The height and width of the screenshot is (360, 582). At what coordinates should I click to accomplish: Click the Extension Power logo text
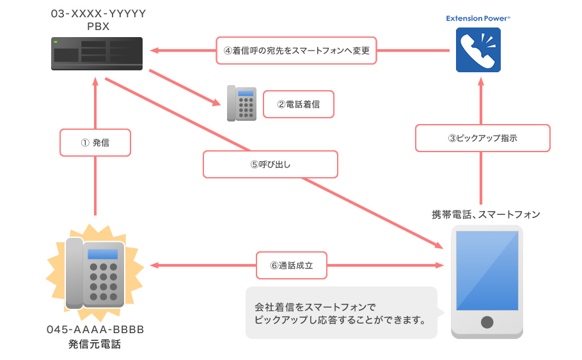478,19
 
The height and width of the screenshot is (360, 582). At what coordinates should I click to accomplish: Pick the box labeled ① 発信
95,143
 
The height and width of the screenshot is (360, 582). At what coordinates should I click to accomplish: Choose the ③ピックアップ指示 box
482,137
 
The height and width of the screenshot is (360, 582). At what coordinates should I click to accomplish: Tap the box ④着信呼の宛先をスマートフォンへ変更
297,51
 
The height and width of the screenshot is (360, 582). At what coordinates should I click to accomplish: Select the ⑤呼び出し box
270,164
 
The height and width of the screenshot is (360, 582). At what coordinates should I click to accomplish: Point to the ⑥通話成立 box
292,265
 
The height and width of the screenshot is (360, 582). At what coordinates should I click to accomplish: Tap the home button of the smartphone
487,322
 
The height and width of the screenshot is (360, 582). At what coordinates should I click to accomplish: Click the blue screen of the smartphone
487,270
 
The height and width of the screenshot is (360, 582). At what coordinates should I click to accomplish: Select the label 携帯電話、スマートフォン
485,214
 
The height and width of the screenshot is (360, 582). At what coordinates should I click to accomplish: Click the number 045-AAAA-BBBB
95,330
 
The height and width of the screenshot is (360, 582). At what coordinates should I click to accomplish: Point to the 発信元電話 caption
95,345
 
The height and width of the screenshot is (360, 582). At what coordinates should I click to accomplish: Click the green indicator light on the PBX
56,42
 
